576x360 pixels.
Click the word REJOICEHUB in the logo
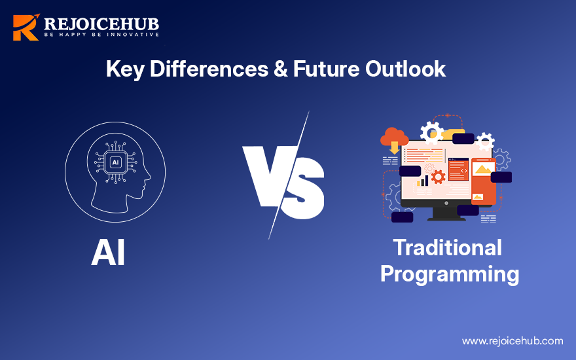[101, 24]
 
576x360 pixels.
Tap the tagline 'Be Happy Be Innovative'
[101, 34]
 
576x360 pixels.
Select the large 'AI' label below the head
[108, 253]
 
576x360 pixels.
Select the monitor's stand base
[447, 217]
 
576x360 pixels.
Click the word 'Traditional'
[447, 247]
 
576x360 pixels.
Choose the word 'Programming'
[450, 273]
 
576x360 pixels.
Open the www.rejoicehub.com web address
[512, 340]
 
